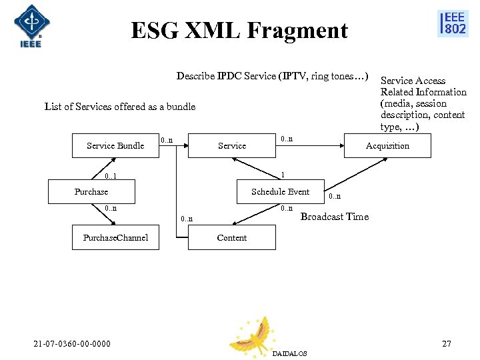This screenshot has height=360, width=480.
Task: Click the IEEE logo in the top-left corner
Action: pos(29,27)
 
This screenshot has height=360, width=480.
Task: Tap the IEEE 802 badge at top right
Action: pos(453,23)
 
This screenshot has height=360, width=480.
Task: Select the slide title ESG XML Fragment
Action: pos(239,31)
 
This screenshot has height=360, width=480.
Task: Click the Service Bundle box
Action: pos(115,145)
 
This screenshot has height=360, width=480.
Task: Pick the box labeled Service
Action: pos(231,145)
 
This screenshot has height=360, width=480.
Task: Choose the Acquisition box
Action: pos(387,145)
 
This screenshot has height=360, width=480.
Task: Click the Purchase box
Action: pos(91,192)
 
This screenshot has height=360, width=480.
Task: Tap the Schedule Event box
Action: pos(280,192)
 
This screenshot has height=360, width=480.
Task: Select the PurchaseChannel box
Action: pos(115,237)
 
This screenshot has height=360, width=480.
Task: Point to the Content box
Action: pos(231,237)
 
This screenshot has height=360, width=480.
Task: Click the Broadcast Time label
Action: pos(335,217)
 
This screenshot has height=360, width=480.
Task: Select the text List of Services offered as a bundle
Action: pos(120,107)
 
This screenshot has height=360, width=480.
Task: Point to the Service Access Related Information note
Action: pos(423,103)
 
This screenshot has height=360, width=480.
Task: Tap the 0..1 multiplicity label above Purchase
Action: pos(111,177)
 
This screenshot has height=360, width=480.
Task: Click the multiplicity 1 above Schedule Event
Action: pos(283,175)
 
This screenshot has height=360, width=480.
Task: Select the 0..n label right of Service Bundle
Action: pos(167,140)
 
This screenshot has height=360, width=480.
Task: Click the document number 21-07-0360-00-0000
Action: pos(73,343)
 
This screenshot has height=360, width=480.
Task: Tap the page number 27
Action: pos(447,343)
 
